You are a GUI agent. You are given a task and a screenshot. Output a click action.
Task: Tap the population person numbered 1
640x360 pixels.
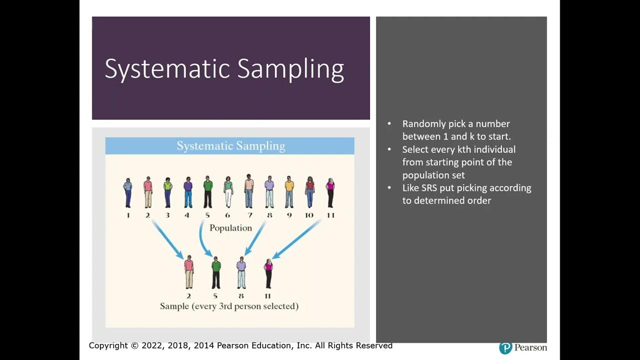click(128, 192)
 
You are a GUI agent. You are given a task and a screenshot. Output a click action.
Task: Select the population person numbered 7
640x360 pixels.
click(249, 191)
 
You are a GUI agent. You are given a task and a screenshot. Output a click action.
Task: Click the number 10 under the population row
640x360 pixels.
click(309, 215)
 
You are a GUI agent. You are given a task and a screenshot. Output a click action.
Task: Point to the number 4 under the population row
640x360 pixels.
click(187, 215)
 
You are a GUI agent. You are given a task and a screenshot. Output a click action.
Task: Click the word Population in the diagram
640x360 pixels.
click(230, 228)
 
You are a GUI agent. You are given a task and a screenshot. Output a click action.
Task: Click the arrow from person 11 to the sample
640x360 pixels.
click(296, 239)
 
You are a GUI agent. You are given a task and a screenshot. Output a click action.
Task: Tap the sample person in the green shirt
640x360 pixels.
click(216, 272)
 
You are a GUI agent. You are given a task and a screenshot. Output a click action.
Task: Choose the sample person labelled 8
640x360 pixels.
click(241, 272)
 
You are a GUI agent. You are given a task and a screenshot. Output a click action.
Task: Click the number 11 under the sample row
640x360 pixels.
click(267, 295)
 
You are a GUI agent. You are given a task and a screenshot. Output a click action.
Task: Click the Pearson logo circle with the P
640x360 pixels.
click(505, 347)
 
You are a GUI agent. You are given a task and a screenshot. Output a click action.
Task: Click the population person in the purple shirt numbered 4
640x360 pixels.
click(188, 192)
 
